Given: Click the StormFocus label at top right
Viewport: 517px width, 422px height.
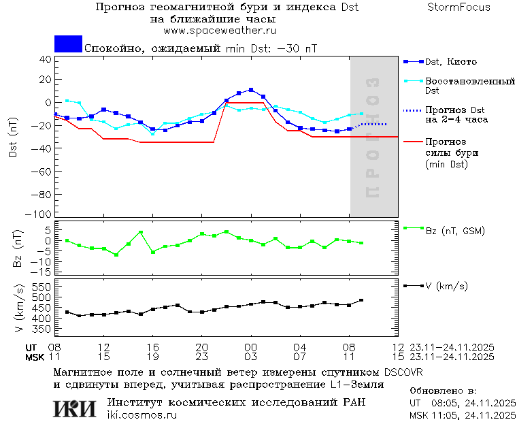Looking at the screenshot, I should pos(458,7).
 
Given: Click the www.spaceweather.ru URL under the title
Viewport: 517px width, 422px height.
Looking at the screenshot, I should pos(220,31).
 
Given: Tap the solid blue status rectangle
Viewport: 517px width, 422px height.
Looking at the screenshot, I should pos(68,44).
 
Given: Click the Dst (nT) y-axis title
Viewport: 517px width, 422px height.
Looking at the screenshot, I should pos(13,137).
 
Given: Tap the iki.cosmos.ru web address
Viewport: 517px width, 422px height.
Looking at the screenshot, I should pos(141,415).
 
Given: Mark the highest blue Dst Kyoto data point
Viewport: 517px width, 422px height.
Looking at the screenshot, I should pos(251,90).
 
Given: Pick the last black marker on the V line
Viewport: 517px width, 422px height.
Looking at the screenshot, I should pos(361,300).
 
